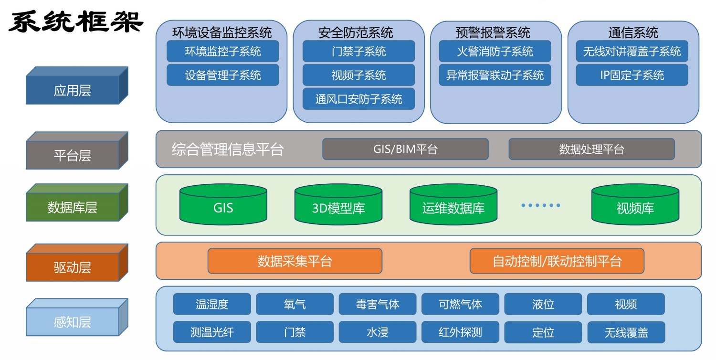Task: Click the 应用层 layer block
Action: tap(73, 90)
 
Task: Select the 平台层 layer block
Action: tap(73, 155)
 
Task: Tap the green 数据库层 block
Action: tap(73, 207)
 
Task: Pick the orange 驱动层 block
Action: tap(73, 267)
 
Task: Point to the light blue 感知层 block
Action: tap(73, 321)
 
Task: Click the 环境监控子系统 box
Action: tap(222, 51)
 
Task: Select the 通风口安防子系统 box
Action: tap(358, 99)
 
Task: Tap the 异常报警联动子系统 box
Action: tap(495, 75)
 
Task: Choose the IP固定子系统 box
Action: tap(632, 75)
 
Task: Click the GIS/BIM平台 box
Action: tap(405, 149)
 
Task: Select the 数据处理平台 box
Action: tap(591, 149)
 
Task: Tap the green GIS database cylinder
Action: tap(223, 205)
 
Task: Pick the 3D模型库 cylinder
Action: tap(338, 205)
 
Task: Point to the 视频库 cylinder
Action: tap(635, 205)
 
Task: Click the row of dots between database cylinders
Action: tap(540, 205)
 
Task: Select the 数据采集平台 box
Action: tap(295, 261)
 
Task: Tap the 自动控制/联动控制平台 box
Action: tap(557, 261)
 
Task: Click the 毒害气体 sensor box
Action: tap(378, 304)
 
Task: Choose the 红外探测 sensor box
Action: tap(460, 332)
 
